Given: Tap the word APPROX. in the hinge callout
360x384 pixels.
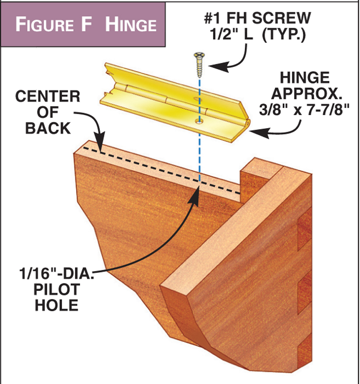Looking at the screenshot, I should [303, 93].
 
